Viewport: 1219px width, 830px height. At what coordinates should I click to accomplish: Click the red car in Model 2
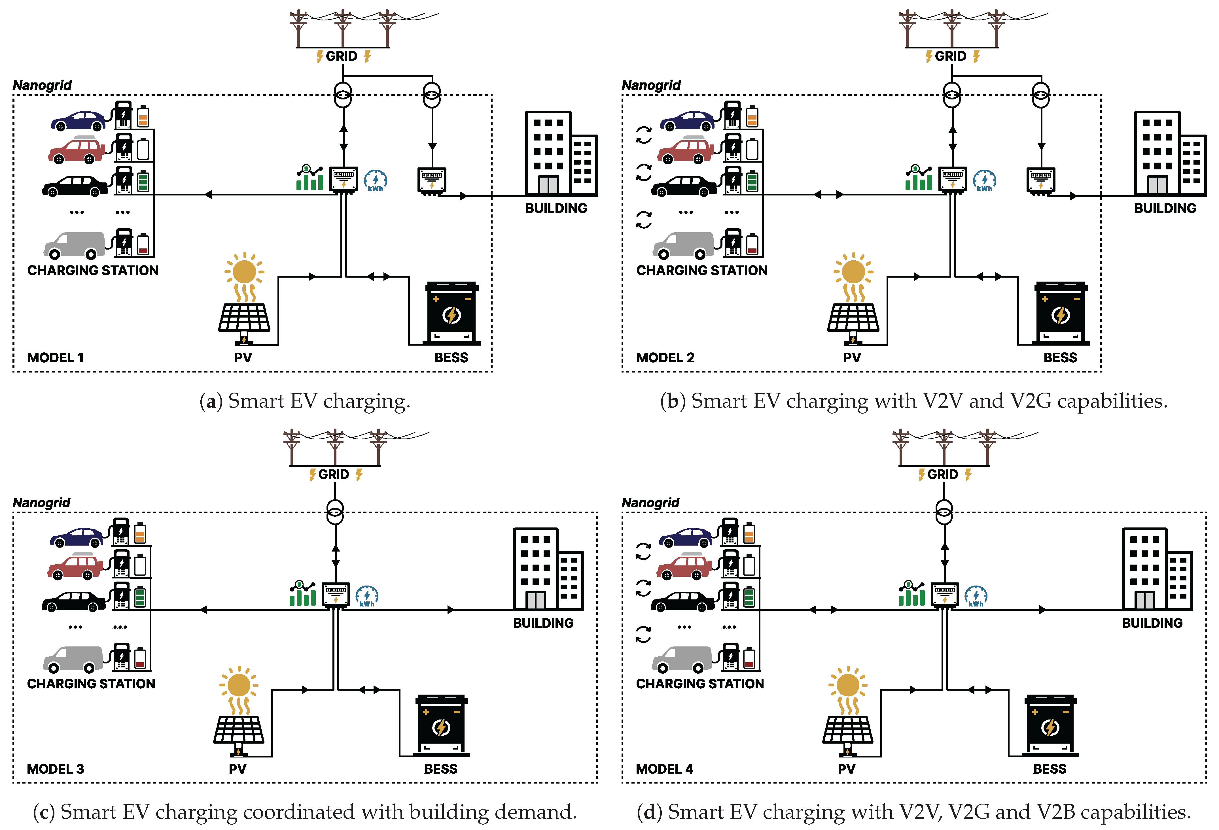coord(686,150)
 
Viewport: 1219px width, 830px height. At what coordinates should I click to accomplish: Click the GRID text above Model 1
coord(342,56)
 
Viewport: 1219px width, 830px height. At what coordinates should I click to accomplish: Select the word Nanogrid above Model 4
coord(650,503)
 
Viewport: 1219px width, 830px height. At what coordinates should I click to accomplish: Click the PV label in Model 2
coord(852,357)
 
